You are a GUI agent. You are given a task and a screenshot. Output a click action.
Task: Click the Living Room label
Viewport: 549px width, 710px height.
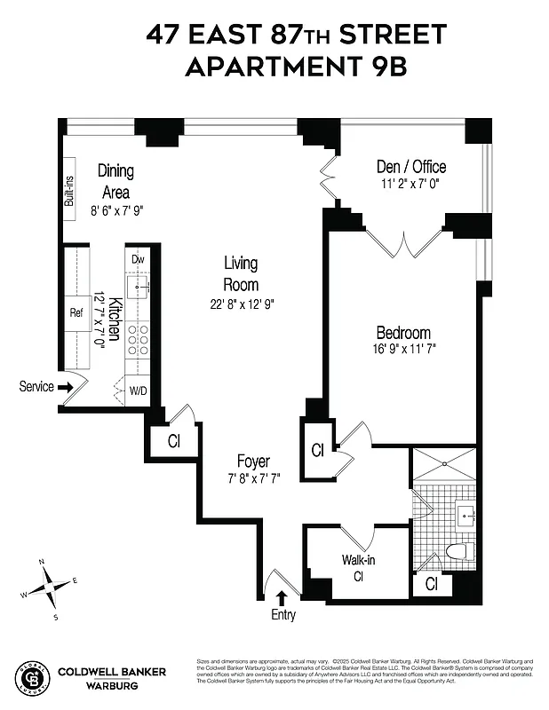241,273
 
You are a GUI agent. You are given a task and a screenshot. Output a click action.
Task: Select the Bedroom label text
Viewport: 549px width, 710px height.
403,333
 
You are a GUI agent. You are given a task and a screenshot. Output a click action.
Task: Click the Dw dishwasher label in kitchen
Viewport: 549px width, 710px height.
138,259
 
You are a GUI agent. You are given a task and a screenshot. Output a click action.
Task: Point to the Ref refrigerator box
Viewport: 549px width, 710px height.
76,312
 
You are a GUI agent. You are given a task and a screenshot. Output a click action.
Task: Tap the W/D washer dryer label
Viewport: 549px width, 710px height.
139,390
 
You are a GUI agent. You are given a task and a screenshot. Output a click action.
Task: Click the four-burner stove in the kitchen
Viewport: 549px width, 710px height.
138,340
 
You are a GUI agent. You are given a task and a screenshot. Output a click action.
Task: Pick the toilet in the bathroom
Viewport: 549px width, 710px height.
457,551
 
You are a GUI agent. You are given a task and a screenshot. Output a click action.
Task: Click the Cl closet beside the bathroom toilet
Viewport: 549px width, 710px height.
431,584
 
